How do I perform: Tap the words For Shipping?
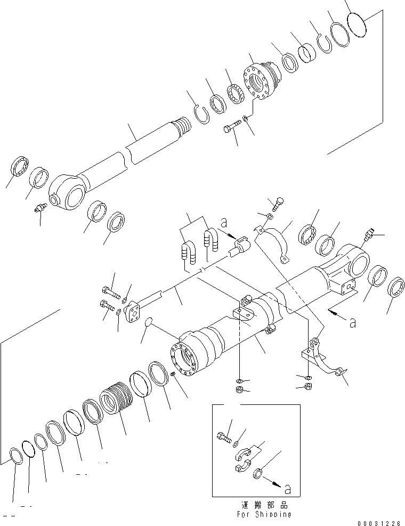(x=265, y=514)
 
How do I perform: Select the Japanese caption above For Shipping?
(x=265, y=505)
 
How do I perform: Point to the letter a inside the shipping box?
(x=287, y=488)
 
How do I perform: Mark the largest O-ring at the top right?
(x=357, y=25)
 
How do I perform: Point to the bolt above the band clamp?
(x=277, y=203)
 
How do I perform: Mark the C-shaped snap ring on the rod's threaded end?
(x=201, y=115)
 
